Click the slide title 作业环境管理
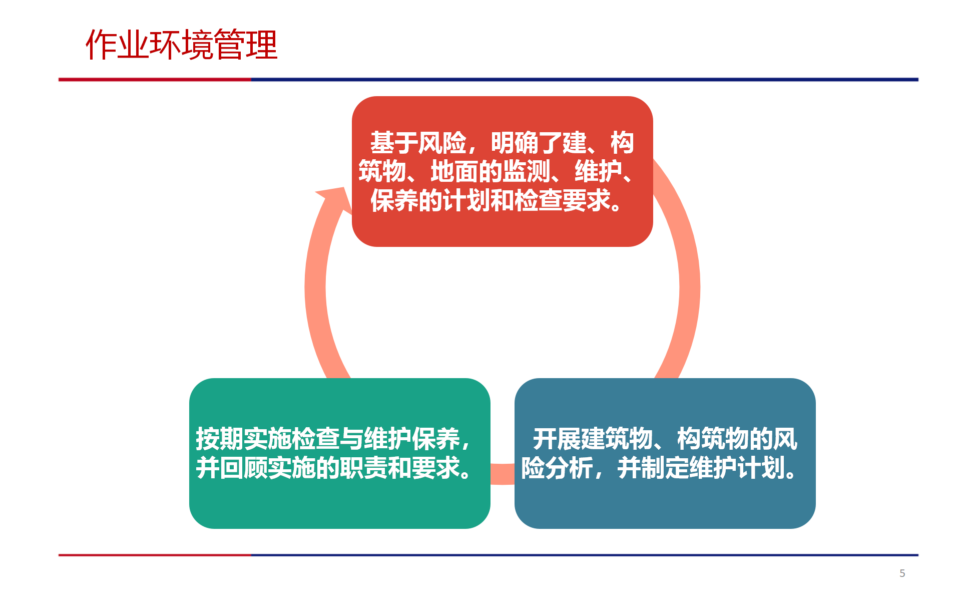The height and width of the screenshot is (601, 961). pos(182,45)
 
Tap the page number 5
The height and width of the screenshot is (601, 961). pos(902,573)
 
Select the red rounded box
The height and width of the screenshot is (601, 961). pos(502,171)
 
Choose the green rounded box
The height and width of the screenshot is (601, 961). pos(339,453)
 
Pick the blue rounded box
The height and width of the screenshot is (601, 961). pos(665,453)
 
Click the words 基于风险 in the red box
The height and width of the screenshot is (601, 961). pos(418,143)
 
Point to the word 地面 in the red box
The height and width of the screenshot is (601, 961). pos(454,172)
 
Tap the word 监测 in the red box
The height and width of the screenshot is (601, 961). pos(527,172)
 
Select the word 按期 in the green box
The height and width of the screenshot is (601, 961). pos(220,439)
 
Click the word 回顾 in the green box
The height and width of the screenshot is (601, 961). pos(244,468)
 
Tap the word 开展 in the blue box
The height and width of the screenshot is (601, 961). pos(557,439)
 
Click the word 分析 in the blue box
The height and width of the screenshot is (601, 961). pos(569,468)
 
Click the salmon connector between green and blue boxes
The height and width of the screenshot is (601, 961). pos(502,474)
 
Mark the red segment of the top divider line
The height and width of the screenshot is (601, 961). pos(155,79)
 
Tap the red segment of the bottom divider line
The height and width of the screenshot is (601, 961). pos(155,555)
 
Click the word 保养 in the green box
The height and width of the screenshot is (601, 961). pos(436,439)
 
